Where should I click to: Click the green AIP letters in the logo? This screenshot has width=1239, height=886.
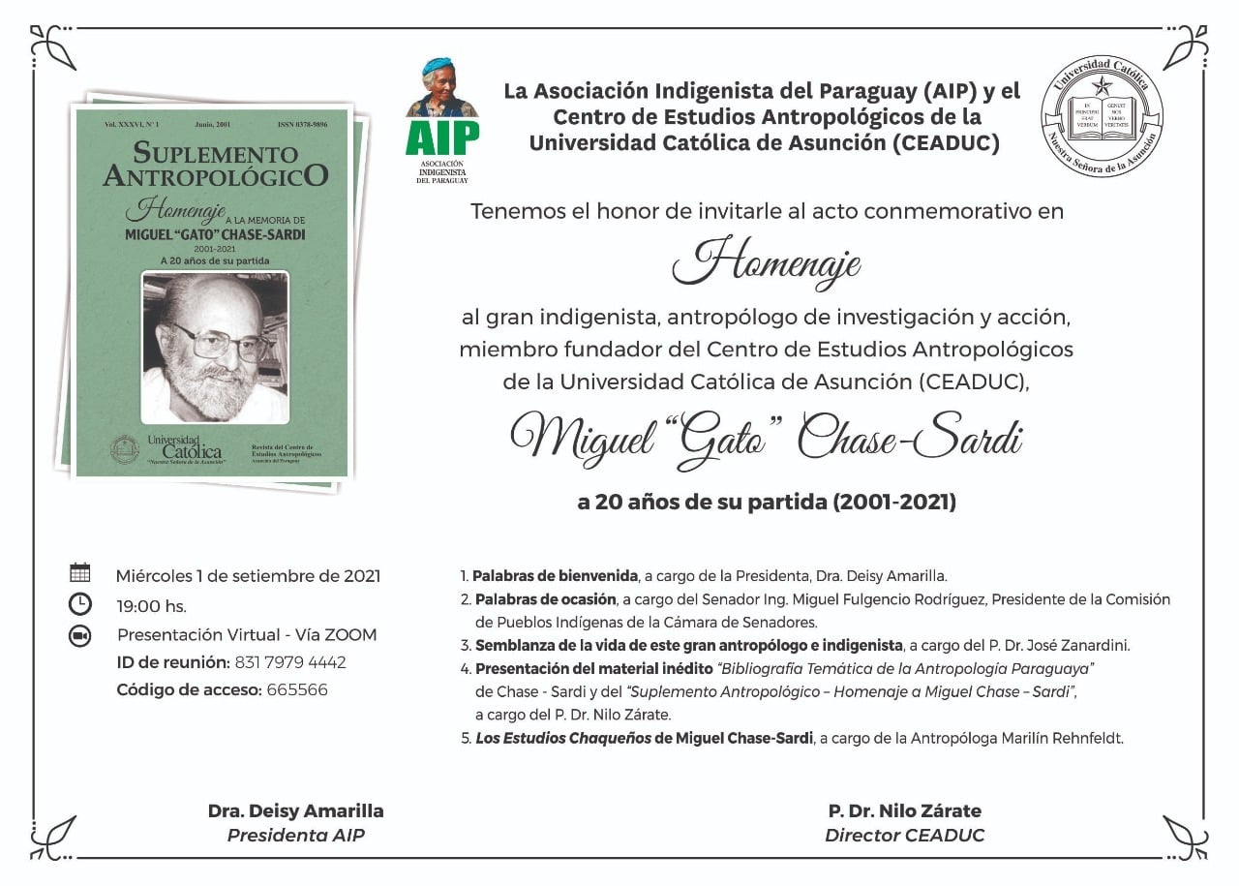442,138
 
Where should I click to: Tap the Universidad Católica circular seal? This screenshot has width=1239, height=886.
1102,115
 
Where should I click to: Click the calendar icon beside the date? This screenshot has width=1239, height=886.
80,572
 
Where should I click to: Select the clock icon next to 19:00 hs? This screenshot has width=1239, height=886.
80,604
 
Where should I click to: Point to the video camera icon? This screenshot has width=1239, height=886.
80,635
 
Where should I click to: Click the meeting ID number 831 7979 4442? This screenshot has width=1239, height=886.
289,662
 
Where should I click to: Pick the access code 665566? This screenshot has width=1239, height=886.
296,690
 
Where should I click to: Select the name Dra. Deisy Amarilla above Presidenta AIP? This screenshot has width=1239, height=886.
295,811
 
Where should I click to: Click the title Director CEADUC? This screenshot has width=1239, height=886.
904,835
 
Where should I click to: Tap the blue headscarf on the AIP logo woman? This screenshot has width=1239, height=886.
438,65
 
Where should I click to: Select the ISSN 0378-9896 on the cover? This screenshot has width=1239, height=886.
302,125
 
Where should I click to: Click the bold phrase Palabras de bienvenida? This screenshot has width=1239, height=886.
555,575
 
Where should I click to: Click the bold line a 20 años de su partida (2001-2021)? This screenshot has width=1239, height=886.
767,503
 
